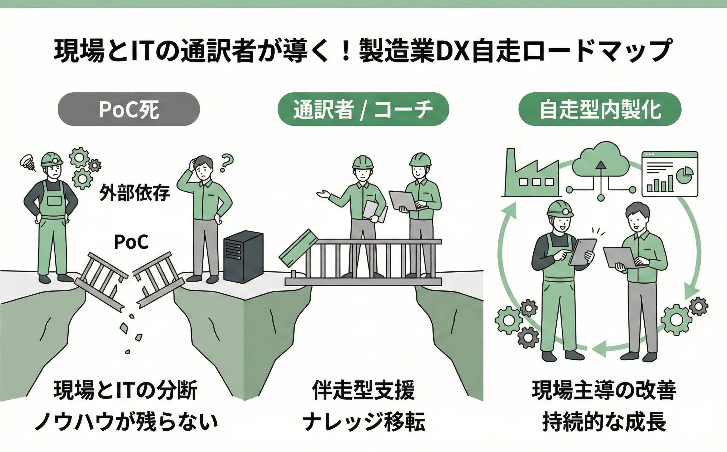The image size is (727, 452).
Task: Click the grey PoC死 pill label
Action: coord(129,109)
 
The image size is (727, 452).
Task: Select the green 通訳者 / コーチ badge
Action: coord(363,109)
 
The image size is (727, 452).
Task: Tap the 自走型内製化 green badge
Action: coord(600,109)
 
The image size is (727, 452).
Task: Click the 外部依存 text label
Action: coord(135,192)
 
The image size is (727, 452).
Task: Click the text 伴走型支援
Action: coord(363,390)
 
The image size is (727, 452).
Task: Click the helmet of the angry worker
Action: coord(51,159)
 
